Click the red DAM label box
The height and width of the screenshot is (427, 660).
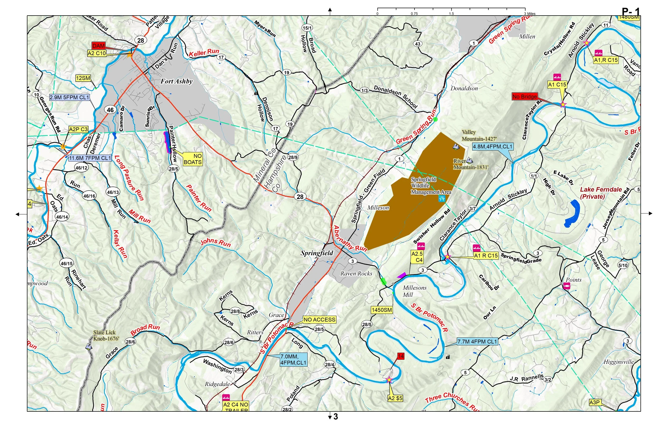tap(98, 46)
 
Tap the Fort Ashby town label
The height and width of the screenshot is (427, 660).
tap(177, 81)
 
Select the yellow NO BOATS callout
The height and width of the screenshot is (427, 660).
tap(193, 159)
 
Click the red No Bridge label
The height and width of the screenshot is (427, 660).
tap(524, 97)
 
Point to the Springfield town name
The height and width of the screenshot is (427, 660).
tap(317, 253)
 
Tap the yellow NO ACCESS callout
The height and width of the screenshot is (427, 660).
tap(319, 320)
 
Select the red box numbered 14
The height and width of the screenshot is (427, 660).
tap(400, 356)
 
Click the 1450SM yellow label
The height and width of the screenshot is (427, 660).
tap(382, 310)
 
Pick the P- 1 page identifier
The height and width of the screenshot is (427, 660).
tap(631, 12)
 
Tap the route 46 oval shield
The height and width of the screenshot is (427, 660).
tap(110, 110)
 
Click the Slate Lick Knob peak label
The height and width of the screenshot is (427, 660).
tap(106, 335)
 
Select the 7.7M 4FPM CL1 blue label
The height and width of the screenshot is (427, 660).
tap(477, 341)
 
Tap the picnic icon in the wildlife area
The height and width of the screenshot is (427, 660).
tap(442, 198)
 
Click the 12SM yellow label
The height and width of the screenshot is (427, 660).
tap(83, 78)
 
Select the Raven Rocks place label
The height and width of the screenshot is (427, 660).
tap(356, 274)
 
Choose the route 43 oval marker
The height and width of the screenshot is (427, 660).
tap(418, 44)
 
